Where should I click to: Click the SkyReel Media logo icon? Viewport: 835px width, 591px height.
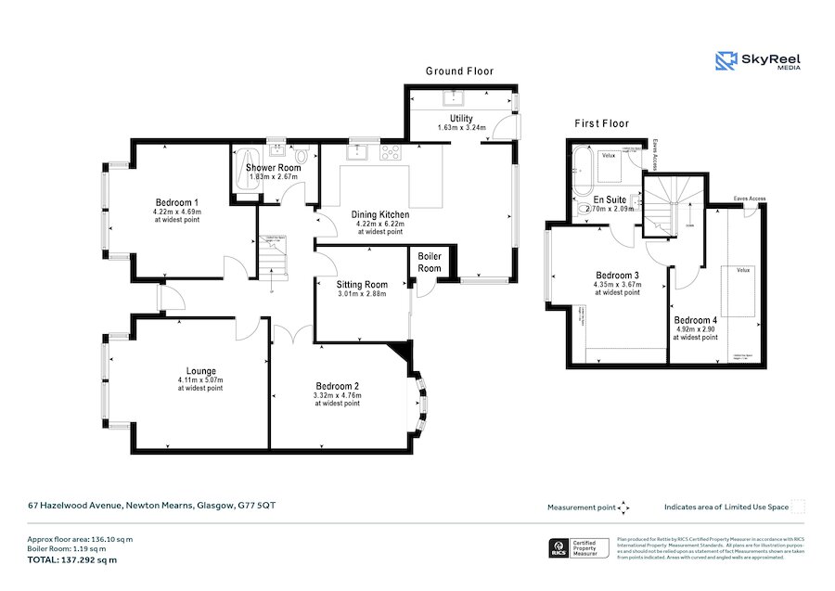(x=726, y=61)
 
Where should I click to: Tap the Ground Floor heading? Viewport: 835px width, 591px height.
(x=459, y=71)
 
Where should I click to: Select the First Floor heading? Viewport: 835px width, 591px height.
(x=601, y=123)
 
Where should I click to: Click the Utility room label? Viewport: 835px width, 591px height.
(x=461, y=119)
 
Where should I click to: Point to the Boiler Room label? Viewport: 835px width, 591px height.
(x=430, y=262)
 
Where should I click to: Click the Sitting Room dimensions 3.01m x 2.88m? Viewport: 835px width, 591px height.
(x=362, y=294)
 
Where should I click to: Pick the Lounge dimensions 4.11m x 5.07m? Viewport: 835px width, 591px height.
(x=200, y=379)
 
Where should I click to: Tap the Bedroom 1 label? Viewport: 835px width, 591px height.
(x=176, y=202)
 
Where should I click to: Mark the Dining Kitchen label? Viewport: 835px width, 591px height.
(x=380, y=214)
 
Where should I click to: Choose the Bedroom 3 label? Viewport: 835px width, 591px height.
(x=617, y=275)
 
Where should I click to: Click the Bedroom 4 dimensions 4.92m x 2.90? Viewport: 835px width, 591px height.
(x=696, y=328)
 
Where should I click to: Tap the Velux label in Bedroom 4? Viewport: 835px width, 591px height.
(x=742, y=271)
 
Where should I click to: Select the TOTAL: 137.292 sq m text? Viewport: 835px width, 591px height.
(x=72, y=559)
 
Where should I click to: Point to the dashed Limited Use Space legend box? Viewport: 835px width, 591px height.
(x=797, y=507)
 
